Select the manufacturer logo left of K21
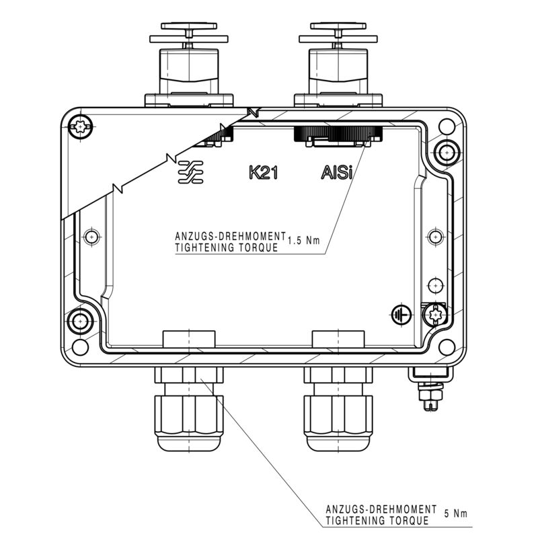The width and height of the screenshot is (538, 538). pos(191,173)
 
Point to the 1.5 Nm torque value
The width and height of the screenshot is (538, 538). pos(303,241)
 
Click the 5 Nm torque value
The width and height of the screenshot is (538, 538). pos(456,514)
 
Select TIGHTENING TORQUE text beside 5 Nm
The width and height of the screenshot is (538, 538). pos(377,520)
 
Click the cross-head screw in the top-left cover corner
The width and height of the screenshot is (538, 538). pos(81,126)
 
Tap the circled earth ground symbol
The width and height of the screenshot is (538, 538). pos(401,313)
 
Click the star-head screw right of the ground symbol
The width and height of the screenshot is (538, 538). pos(434,313)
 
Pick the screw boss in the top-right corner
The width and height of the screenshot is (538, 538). pos(444,152)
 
